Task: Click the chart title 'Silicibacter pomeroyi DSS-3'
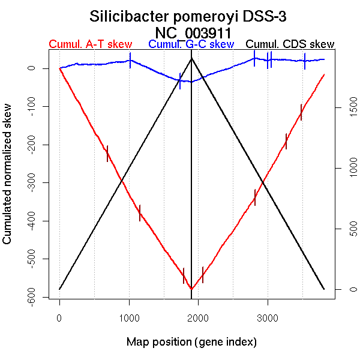point(192,16)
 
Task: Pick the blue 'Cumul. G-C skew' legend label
point(191,44)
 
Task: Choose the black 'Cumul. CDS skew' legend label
point(290,44)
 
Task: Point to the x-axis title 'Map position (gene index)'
point(191,342)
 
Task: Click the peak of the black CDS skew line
point(191,58)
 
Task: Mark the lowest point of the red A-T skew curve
point(191,289)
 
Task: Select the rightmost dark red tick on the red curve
point(301,112)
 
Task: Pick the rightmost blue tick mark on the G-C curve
point(305,61)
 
